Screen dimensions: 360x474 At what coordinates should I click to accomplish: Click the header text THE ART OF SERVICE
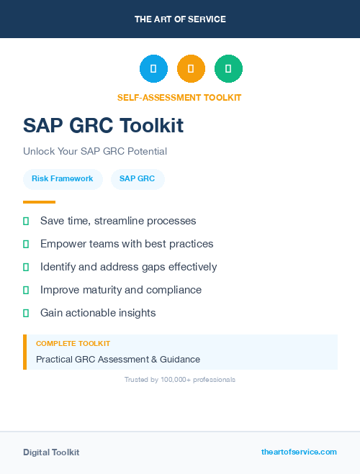[x=180, y=19]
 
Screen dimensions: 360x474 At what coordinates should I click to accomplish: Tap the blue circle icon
[x=153, y=68]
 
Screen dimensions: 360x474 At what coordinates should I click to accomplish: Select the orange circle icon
[x=191, y=68]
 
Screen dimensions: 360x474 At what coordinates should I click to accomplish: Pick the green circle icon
[x=228, y=68]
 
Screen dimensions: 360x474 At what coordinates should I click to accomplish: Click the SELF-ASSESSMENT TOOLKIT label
[x=179, y=98]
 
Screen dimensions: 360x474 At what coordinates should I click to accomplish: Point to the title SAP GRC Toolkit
[x=103, y=126]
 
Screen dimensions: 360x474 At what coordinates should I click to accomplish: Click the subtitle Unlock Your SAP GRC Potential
[x=95, y=152]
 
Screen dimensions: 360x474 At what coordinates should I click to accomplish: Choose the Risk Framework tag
[x=62, y=178]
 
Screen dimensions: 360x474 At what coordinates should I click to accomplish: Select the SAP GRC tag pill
[x=138, y=178]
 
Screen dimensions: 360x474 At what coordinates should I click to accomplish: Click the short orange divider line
[x=39, y=202]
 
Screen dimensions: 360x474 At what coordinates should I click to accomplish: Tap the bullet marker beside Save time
[x=26, y=221]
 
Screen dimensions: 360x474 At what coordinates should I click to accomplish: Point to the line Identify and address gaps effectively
[x=128, y=267]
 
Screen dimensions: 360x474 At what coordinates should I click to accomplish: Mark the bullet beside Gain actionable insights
[x=26, y=313]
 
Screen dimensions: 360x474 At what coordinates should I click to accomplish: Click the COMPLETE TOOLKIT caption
[x=73, y=344]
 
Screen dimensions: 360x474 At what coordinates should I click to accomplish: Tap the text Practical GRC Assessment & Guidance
[x=118, y=359]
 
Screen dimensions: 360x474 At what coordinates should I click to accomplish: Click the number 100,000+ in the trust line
[x=178, y=379]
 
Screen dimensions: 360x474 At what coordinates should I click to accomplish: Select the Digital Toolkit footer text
[x=51, y=452]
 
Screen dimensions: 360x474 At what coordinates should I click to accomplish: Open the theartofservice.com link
[x=299, y=452]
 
